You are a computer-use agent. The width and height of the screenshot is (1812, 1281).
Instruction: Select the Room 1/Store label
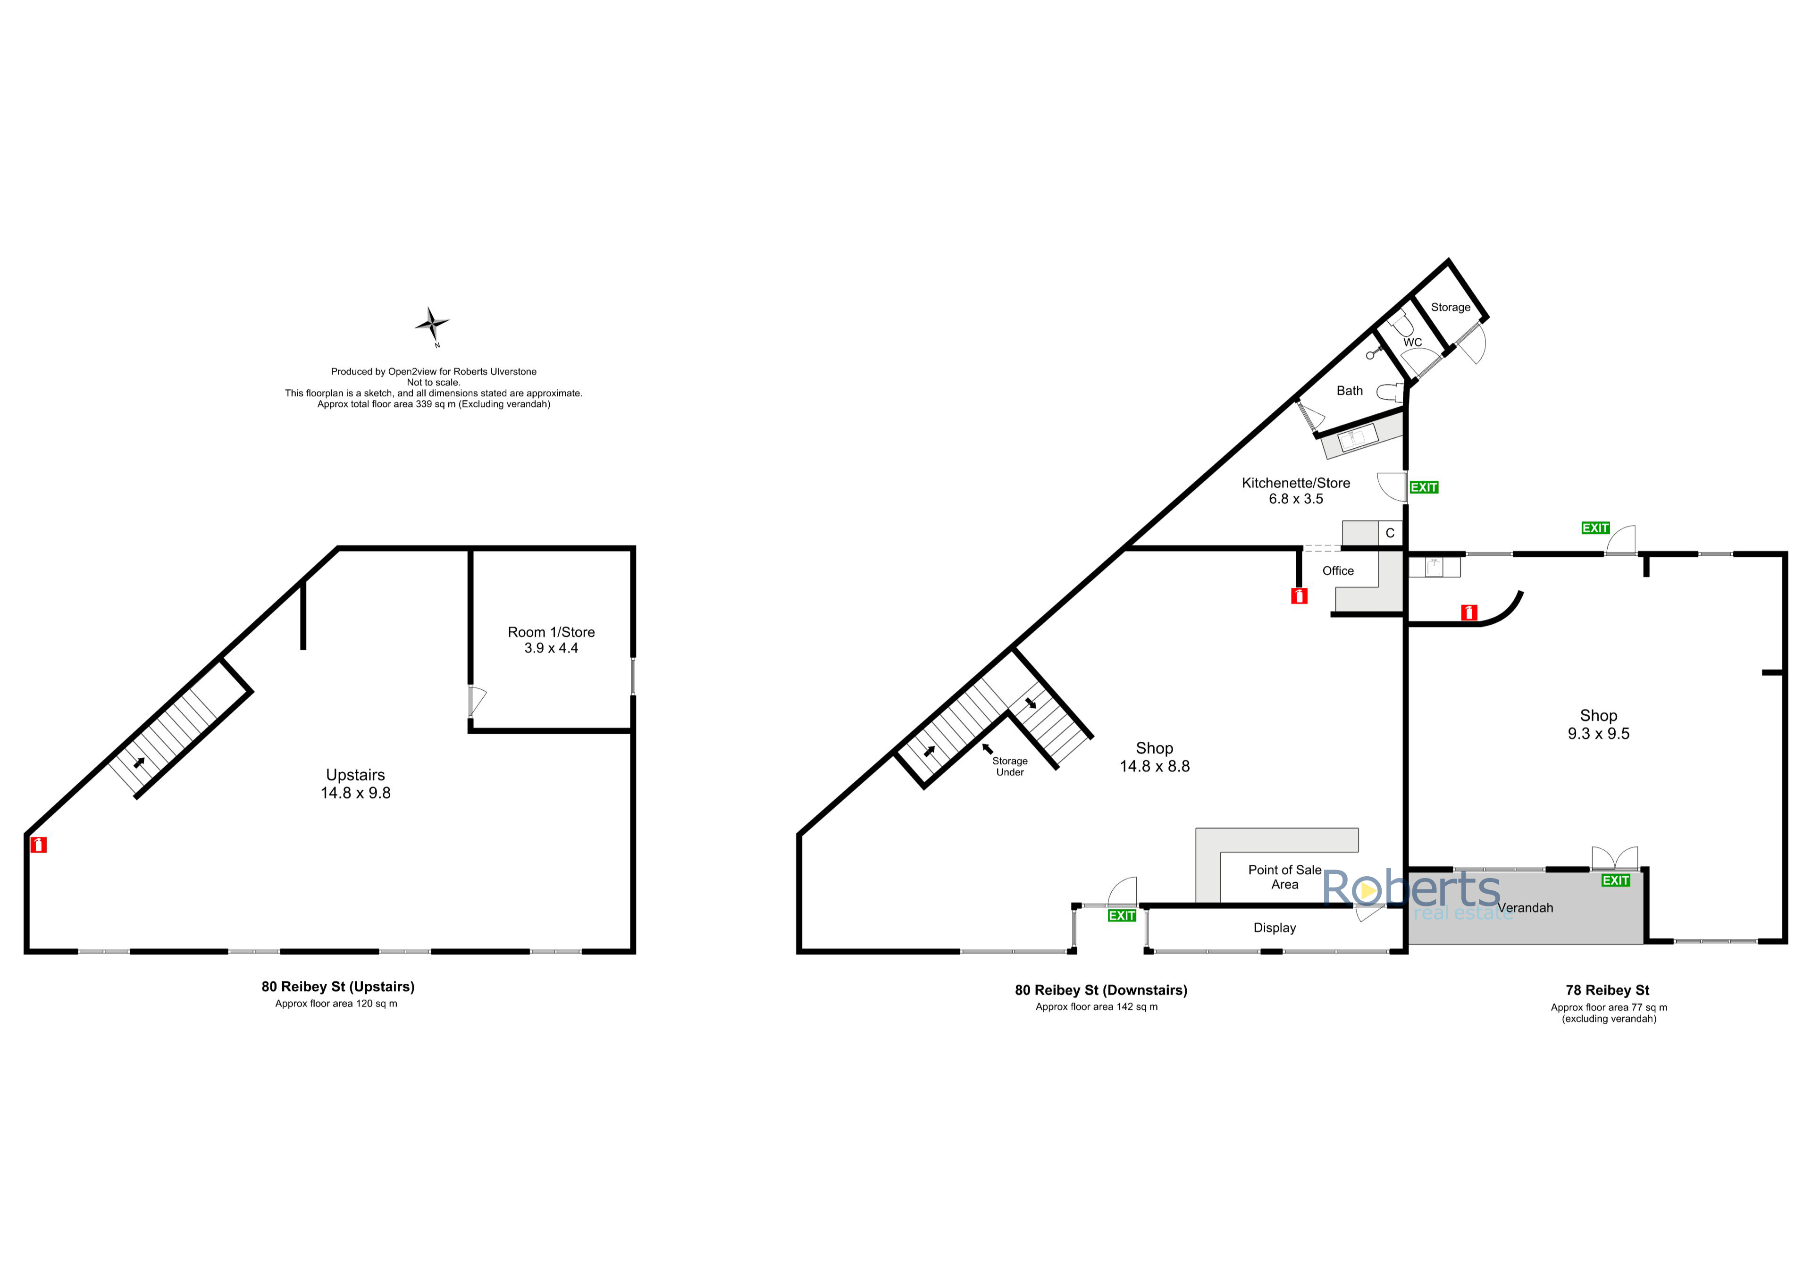tap(551, 632)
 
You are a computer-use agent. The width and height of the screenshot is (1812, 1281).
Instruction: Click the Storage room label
tap(1451, 307)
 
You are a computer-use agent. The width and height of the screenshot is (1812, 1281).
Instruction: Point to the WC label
tap(1413, 343)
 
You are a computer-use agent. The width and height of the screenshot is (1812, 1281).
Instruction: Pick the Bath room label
tap(1350, 391)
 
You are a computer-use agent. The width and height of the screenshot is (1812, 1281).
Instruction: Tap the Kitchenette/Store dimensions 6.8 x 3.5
tap(1296, 499)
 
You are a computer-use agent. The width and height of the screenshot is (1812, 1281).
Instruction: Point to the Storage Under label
tap(1010, 766)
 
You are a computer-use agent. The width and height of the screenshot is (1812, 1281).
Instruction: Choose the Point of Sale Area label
tap(1285, 877)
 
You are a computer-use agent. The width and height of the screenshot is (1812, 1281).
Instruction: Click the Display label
tap(1275, 928)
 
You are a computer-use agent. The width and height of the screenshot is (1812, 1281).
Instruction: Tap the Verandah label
tap(1525, 908)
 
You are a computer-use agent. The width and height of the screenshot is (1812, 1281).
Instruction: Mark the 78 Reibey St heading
tap(1608, 990)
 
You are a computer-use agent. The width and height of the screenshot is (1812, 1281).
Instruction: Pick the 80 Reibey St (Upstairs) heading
tap(338, 987)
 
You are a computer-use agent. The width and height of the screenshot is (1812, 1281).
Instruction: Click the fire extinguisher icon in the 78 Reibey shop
tap(1468, 612)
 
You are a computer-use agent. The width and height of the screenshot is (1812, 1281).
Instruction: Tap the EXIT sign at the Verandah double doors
tap(1616, 880)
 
